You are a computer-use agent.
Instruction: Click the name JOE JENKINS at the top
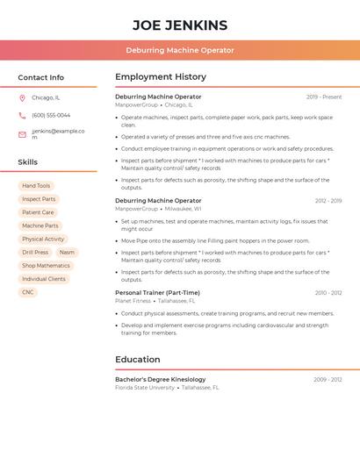tap(180, 25)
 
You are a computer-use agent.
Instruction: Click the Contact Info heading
tap(40, 77)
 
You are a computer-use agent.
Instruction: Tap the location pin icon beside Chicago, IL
tap(22, 97)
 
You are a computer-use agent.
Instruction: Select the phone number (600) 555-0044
tap(51, 115)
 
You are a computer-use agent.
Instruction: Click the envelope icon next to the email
tap(22, 134)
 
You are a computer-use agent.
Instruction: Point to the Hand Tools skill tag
tap(36, 186)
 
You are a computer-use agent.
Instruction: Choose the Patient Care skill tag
tap(38, 212)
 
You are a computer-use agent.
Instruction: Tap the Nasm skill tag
tap(67, 252)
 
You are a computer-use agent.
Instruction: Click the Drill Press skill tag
tap(35, 252)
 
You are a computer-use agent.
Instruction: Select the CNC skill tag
tap(28, 292)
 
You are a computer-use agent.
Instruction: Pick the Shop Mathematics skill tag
tap(46, 265)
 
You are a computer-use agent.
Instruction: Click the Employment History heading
tap(161, 77)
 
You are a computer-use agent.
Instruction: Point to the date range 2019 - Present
tap(324, 97)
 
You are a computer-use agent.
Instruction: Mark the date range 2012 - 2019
tap(328, 201)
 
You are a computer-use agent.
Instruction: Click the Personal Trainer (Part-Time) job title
tap(157, 292)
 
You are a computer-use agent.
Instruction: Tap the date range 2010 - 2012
tap(328, 292)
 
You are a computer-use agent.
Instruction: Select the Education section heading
tap(138, 359)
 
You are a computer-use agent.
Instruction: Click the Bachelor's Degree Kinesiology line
tap(161, 379)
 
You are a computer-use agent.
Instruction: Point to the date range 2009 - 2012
tap(328, 379)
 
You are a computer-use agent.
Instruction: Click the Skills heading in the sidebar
tap(28, 162)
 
